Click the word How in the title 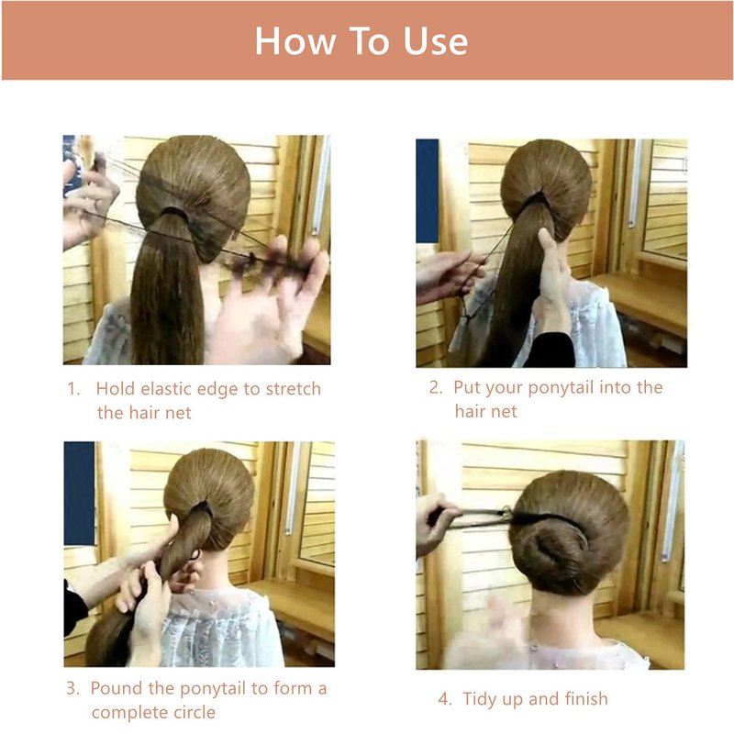coord(295,41)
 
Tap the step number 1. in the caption coord(74,389)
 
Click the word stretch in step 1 coord(294,389)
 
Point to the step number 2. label coord(436,387)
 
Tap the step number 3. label coord(72,689)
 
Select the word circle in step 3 coord(195,713)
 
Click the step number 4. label coord(445,699)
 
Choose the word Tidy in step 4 coord(480,700)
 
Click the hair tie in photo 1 coord(174,213)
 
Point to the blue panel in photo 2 coord(428,191)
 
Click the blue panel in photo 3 coord(79,494)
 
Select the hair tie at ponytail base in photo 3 coord(202,508)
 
